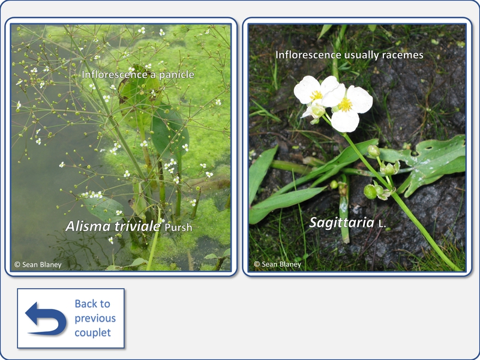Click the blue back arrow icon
46,319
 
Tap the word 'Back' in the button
92,304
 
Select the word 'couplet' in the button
92,333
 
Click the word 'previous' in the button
95,319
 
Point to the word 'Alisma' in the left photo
88,227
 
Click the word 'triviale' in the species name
137,227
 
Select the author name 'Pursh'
178,227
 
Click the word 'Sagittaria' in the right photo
341,223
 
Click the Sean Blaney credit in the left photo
38,265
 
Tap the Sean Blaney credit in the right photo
277,264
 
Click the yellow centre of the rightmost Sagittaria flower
346,104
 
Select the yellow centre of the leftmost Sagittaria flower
316,95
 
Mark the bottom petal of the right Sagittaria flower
345,121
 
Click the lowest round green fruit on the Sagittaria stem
370,192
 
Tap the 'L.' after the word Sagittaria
382,224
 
